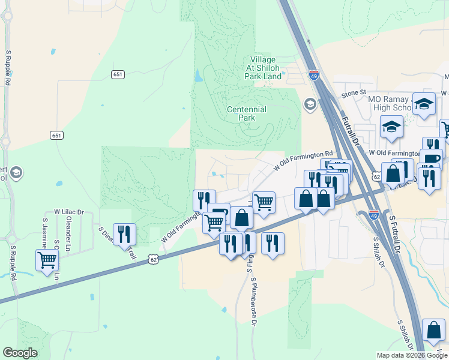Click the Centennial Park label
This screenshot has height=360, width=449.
click(246, 113)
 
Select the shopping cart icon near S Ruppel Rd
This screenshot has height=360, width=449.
click(47, 261)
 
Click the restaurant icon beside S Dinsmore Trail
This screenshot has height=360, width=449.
click(124, 234)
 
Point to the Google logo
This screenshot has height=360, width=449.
click(20, 352)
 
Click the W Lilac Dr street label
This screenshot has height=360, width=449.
click(69, 212)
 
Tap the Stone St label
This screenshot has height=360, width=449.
click(354, 93)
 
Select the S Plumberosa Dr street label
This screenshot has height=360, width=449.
click(253, 302)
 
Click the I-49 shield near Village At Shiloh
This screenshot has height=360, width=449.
click(314, 75)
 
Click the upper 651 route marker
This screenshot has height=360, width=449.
click(118, 74)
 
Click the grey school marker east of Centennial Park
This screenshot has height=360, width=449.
click(310, 104)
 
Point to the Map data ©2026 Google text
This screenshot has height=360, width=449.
click(412, 355)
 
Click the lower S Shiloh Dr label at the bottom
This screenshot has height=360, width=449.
click(405, 337)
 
